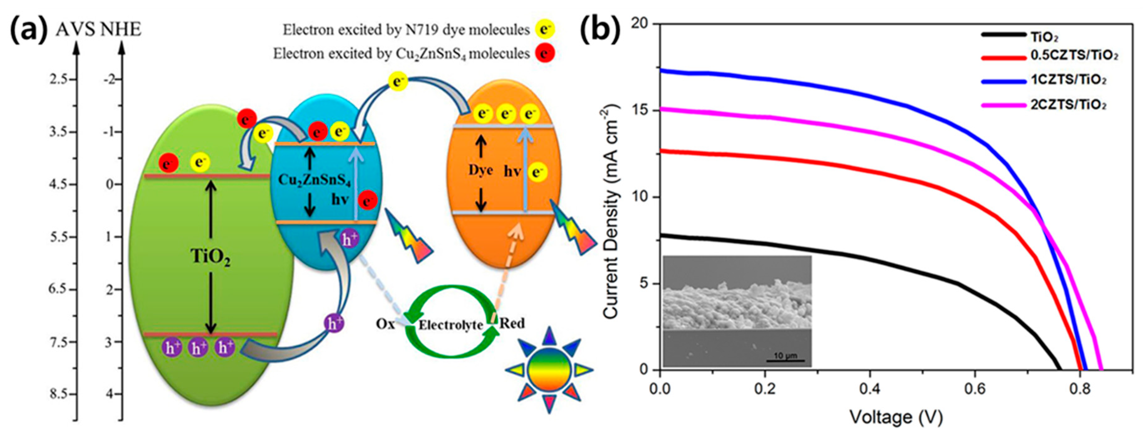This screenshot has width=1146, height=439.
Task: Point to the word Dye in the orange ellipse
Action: tap(480, 171)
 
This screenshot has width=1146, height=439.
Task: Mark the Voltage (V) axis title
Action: tap(896, 417)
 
